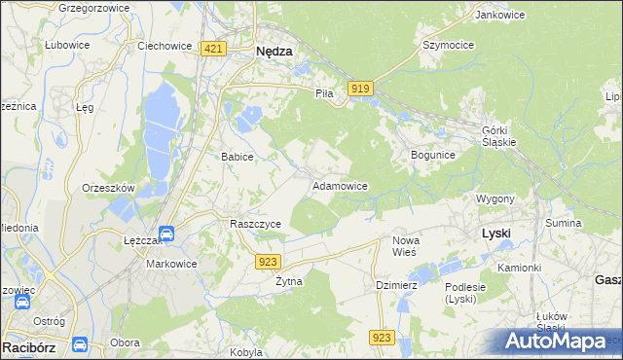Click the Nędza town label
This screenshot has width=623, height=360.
[x=274, y=54]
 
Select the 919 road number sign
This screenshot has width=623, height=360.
[x=361, y=89]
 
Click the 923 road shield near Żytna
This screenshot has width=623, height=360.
[x=270, y=261]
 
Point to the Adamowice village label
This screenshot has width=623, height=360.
[x=339, y=185]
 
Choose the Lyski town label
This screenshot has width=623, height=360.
[x=496, y=234]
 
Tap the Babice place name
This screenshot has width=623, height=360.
[x=238, y=157]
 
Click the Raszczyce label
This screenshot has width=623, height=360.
[x=255, y=224]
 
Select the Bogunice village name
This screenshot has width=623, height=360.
[x=433, y=155]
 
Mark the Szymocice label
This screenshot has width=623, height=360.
[x=448, y=45]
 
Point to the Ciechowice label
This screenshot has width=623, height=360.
[x=162, y=45]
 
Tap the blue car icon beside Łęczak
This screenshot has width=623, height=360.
[x=166, y=234]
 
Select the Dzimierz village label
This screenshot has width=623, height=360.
[x=396, y=285]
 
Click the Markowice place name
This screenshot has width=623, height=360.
[x=171, y=264]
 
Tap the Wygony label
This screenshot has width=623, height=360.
[x=495, y=198]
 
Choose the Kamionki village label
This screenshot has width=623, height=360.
[x=519, y=267]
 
